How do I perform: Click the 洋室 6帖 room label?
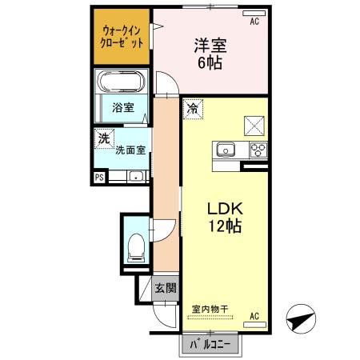210,54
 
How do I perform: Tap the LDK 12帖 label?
225,218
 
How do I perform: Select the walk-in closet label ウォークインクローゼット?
122,37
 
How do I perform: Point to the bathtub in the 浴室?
122,81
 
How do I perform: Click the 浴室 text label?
123,107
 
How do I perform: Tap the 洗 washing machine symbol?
104,138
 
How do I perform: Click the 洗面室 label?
130,150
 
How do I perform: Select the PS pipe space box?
99,178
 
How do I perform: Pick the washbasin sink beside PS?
136,176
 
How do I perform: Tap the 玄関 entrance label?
166,288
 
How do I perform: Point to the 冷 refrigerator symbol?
193,109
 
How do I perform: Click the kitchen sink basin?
226,150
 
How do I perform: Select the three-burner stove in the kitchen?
258,150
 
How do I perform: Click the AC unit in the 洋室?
254,13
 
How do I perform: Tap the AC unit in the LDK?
254,325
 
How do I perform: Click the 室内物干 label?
210,309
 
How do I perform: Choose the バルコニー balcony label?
210,345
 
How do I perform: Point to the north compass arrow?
301,318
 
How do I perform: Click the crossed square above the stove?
254,126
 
